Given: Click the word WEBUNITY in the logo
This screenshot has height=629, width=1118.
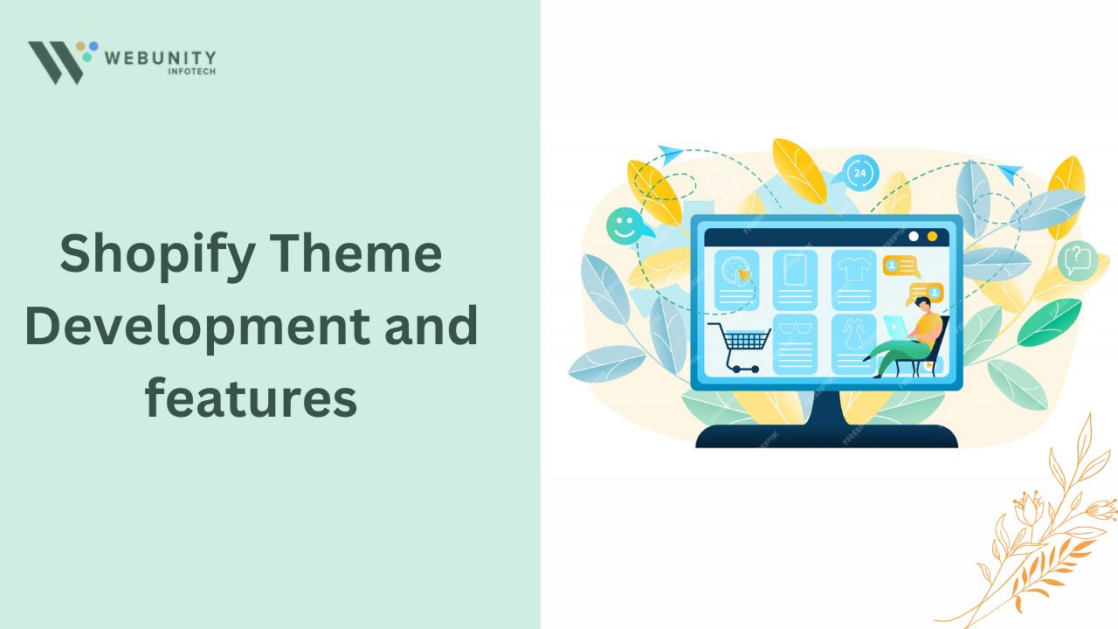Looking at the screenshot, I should (160, 58).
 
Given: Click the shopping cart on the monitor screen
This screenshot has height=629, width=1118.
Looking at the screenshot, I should (739, 346).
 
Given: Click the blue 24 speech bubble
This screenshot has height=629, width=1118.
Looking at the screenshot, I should (860, 172).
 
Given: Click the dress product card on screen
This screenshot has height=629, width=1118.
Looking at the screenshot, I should (853, 344).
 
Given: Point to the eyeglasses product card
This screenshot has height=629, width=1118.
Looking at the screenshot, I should (794, 344).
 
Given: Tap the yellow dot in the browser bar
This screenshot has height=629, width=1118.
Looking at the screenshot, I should (932, 236).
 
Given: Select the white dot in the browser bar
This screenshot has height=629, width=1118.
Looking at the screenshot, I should (914, 236).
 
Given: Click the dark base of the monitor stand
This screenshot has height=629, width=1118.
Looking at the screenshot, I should (825, 435).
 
